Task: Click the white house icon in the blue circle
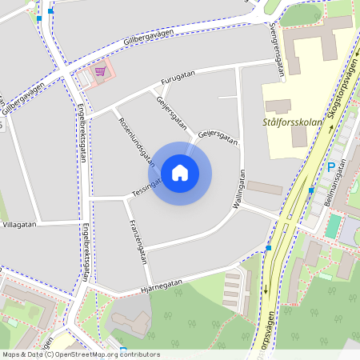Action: [179, 172]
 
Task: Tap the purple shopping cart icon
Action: [100, 72]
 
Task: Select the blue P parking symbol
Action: [330, 168]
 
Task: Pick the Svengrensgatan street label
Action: [278, 50]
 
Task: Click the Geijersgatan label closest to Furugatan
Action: [171, 112]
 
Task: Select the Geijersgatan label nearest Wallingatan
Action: [218, 135]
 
